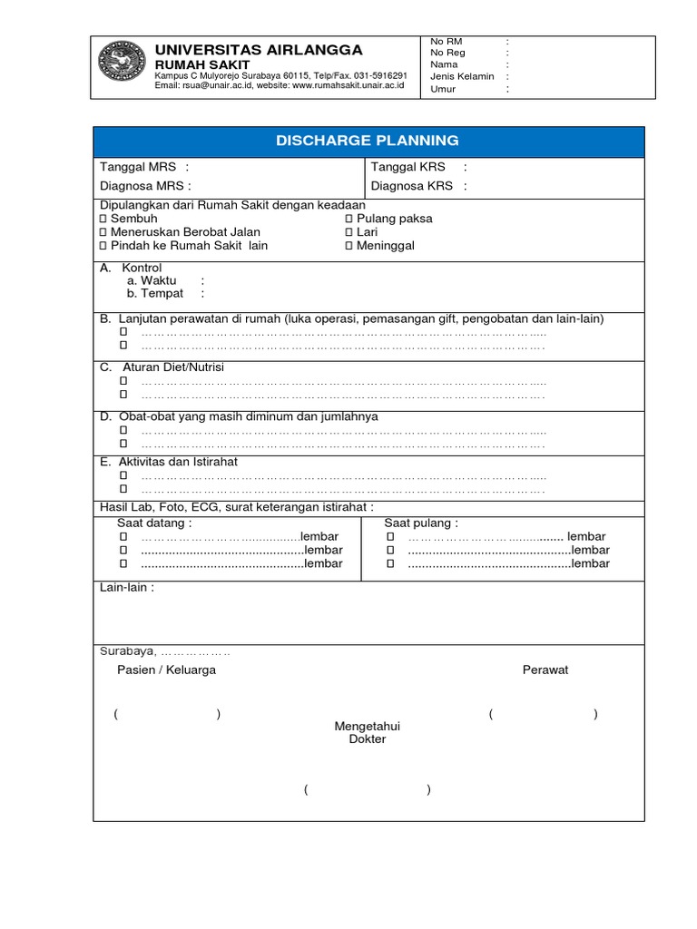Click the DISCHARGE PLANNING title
pos(368,141)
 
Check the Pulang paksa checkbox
pos(348,219)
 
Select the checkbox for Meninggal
pos(348,246)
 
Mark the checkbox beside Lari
pos(348,232)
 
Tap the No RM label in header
pos(446,42)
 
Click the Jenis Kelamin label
pos(462,77)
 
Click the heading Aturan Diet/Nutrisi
pos(172,367)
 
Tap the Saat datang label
pos(153,523)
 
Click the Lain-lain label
pos(126,587)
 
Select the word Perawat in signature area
pos(545,670)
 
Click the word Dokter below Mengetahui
pos(368,739)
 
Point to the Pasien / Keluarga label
pos(166,670)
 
